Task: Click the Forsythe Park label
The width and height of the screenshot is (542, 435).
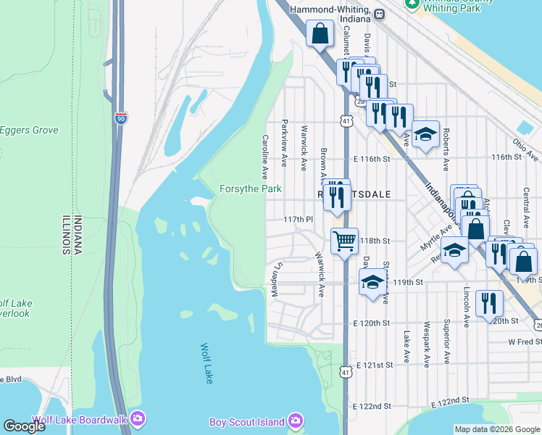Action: point(250,189)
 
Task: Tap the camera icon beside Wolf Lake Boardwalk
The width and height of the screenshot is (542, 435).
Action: point(138,418)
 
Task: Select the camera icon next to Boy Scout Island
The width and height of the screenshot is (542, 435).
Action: point(295,421)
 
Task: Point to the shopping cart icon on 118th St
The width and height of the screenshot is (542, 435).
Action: point(344,240)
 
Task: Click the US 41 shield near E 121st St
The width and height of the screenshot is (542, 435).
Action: point(346,371)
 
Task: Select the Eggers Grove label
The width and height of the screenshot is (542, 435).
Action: point(29,130)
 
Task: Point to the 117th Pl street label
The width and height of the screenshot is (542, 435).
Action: point(297,219)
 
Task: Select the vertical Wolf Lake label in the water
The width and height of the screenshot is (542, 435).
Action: point(208,365)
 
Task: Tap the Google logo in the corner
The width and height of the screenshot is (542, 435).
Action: point(24,426)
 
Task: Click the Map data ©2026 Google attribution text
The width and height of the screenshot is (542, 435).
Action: point(497,429)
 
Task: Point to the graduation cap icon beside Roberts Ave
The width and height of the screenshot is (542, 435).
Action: point(425,134)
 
